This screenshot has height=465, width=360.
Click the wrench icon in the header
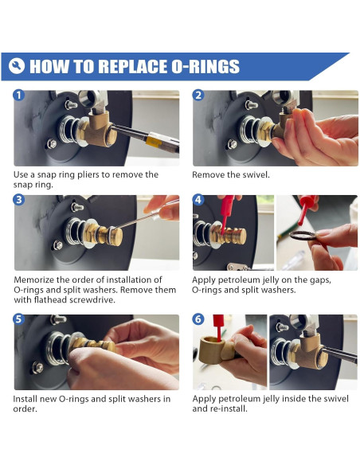click(17, 66)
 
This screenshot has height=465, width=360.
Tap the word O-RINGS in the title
click(205, 66)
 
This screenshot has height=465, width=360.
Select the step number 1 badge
click(18, 96)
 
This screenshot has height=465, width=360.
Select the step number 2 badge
click(198, 96)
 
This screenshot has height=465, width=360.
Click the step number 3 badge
click(18, 200)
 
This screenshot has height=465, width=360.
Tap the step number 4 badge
click(198, 200)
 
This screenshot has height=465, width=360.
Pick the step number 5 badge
click(18, 319)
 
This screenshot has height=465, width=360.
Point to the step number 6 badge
click(198, 319)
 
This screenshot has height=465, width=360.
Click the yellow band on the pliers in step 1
click(154, 142)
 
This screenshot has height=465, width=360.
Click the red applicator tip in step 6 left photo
click(219, 327)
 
